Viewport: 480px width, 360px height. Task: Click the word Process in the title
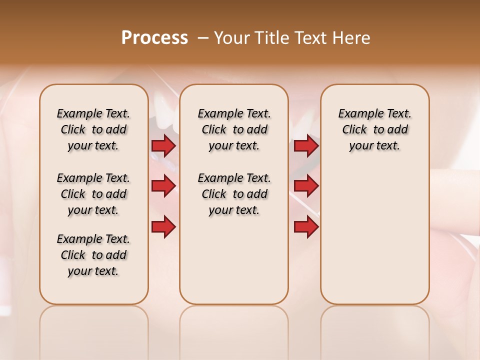click(x=154, y=38)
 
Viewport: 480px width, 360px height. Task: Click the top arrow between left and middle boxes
click(x=163, y=146)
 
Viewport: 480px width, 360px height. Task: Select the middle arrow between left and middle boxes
click(x=163, y=186)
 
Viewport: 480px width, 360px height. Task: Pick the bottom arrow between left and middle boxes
click(x=163, y=227)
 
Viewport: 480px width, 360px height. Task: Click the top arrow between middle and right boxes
click(x=306, y=146)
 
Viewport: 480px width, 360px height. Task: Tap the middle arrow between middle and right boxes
click(x=306, y=186)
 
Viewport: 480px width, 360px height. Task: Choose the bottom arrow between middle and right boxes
click(x=306, y=227)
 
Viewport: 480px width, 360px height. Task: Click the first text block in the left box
click(x=93, y=129)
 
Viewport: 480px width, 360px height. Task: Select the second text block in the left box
click(x=93, y=194)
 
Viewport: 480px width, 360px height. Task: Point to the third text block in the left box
click(x=93, y=255)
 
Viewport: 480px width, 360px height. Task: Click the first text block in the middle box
click(x=234, y=129)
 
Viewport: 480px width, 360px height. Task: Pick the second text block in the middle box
click(x=234, y=194)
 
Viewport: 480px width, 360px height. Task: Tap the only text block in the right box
click(x=375, y=129)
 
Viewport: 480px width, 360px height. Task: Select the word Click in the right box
click(x=354, y=130)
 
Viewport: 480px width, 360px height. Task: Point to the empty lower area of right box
click(x=375, y=240)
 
